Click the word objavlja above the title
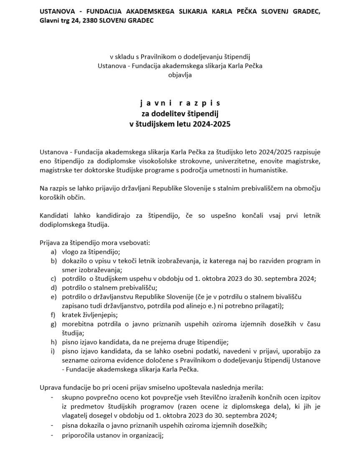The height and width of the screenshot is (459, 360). [x=180, y=75]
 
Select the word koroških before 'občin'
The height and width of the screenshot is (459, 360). [x=53, y=197]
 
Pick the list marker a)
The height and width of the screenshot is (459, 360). [x=53, y=252]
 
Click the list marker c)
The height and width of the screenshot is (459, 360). [x=53, y=279]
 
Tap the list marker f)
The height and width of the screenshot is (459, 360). [x=53, y=315]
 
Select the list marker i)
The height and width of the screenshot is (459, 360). [x=53, y=351]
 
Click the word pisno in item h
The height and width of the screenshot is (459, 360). [x=70, y=342]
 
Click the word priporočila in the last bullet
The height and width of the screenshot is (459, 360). [x=79, y=435]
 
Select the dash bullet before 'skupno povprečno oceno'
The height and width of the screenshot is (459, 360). [x=52, y=397]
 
